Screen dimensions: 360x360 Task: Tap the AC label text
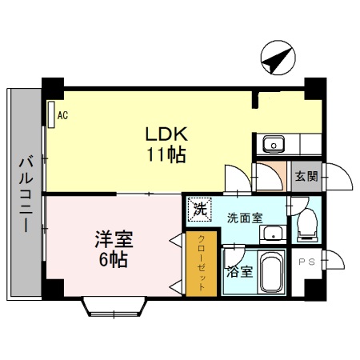pos(62,115)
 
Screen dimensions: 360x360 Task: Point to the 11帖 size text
pos(165,154)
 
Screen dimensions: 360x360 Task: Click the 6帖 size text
pos(112,258)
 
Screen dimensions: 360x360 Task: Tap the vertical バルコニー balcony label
pos(24,191)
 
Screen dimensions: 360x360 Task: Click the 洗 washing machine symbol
pos(197,210)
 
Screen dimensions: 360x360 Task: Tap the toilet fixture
pos(306,226)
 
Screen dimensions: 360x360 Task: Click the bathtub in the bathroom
pos(272,274)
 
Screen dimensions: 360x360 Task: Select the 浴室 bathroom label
pos(239,271)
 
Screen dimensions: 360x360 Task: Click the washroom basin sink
pos(273,234)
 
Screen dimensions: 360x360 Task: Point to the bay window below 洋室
pos(116,305)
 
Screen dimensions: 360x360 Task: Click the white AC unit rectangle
pos(50,114)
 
